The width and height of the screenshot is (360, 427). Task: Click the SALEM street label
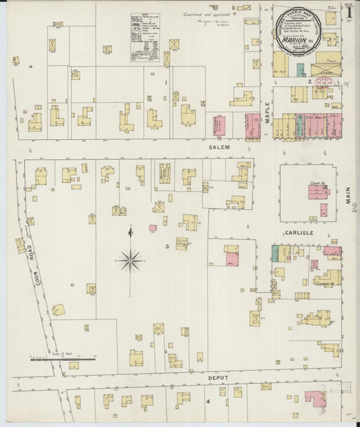click(x=220, y=147)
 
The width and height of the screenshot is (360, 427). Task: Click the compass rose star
click(x=130, y=258)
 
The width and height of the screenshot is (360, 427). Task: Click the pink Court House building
click(x=318, y=192)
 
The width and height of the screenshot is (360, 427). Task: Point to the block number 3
click(x=167, y=247)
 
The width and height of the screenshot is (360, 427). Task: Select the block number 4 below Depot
click(x=208, y=402)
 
